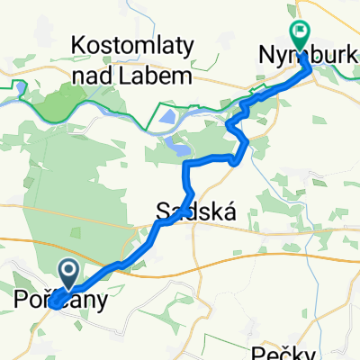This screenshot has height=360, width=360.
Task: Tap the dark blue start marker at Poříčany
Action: pyautogui.click(x=69, y=270)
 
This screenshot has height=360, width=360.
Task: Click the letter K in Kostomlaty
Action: pyautogui.click(x=75, y=46)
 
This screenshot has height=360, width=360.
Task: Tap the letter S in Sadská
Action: pyautogui.click(x=163, y=212)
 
